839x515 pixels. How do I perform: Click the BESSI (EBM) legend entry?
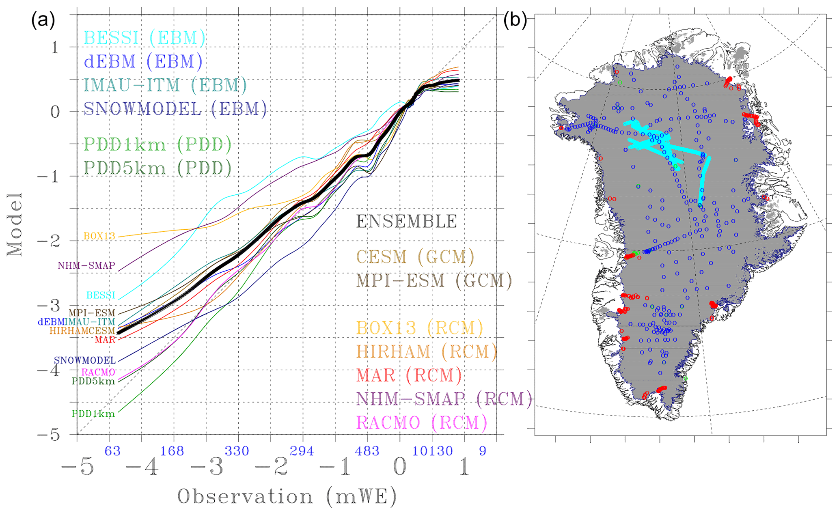pyautogui.click(x=145, y=38)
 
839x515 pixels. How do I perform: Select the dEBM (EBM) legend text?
pyautogui.click(x=143, y=62)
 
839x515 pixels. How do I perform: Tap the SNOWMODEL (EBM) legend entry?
pyautogui.click(x=175, y=109)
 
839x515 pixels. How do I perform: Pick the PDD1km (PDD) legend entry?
pyautogui.click(x=157, y=144)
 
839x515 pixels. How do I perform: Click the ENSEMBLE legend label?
pyautogui.click(x=407, y=222)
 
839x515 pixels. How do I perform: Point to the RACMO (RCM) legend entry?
pyautogui.click(x=421, y=423)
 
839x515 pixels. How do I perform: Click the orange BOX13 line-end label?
pyautogui.click(x=99, y=236)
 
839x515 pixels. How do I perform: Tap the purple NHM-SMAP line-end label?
pyautogui.click(x=86, y=266)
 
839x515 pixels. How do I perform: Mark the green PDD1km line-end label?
pyautogui.click(x=93, y=414)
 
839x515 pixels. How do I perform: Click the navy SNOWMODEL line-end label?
pyautogui.click(x=85, y=360)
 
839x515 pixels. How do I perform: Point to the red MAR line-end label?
pyautogui.click(x=105, y=340)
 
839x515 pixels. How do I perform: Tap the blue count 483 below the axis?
pyautogui.click(x=367, y=451)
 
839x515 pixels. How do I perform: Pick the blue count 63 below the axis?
pyautogui.click(x=112, y=451)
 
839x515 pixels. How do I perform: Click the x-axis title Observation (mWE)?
pyautogui.click(x=287, y=497)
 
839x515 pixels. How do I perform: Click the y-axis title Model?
pyautogui.click(x=15, y=224)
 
